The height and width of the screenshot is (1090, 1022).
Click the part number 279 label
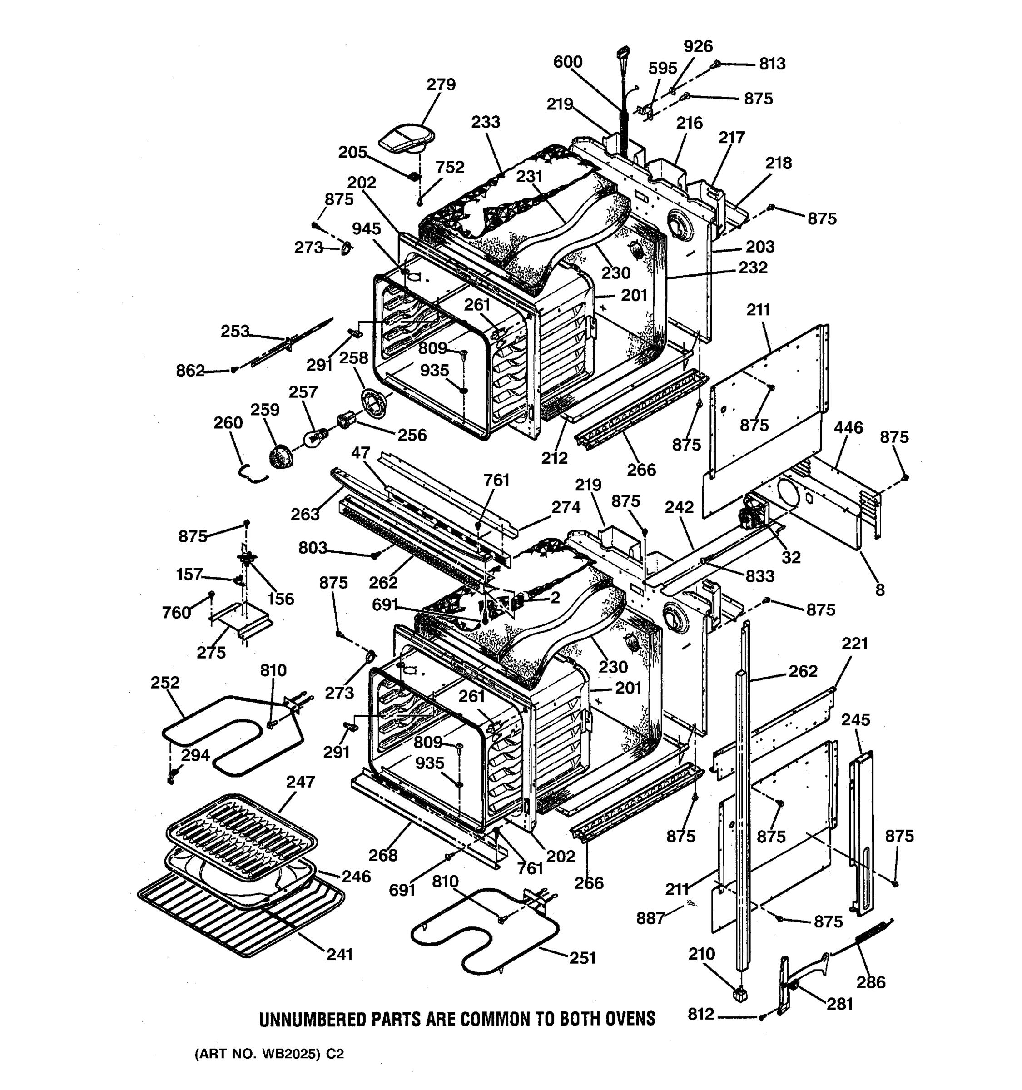pos(441,84)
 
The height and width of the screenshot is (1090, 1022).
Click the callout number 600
pos(567,61)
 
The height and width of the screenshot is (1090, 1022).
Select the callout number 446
pos(848,427)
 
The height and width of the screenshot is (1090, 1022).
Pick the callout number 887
pos(650,918)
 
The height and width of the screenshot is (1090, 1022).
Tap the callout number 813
pos(772,64)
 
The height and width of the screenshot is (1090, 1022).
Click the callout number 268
pos(383,855)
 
